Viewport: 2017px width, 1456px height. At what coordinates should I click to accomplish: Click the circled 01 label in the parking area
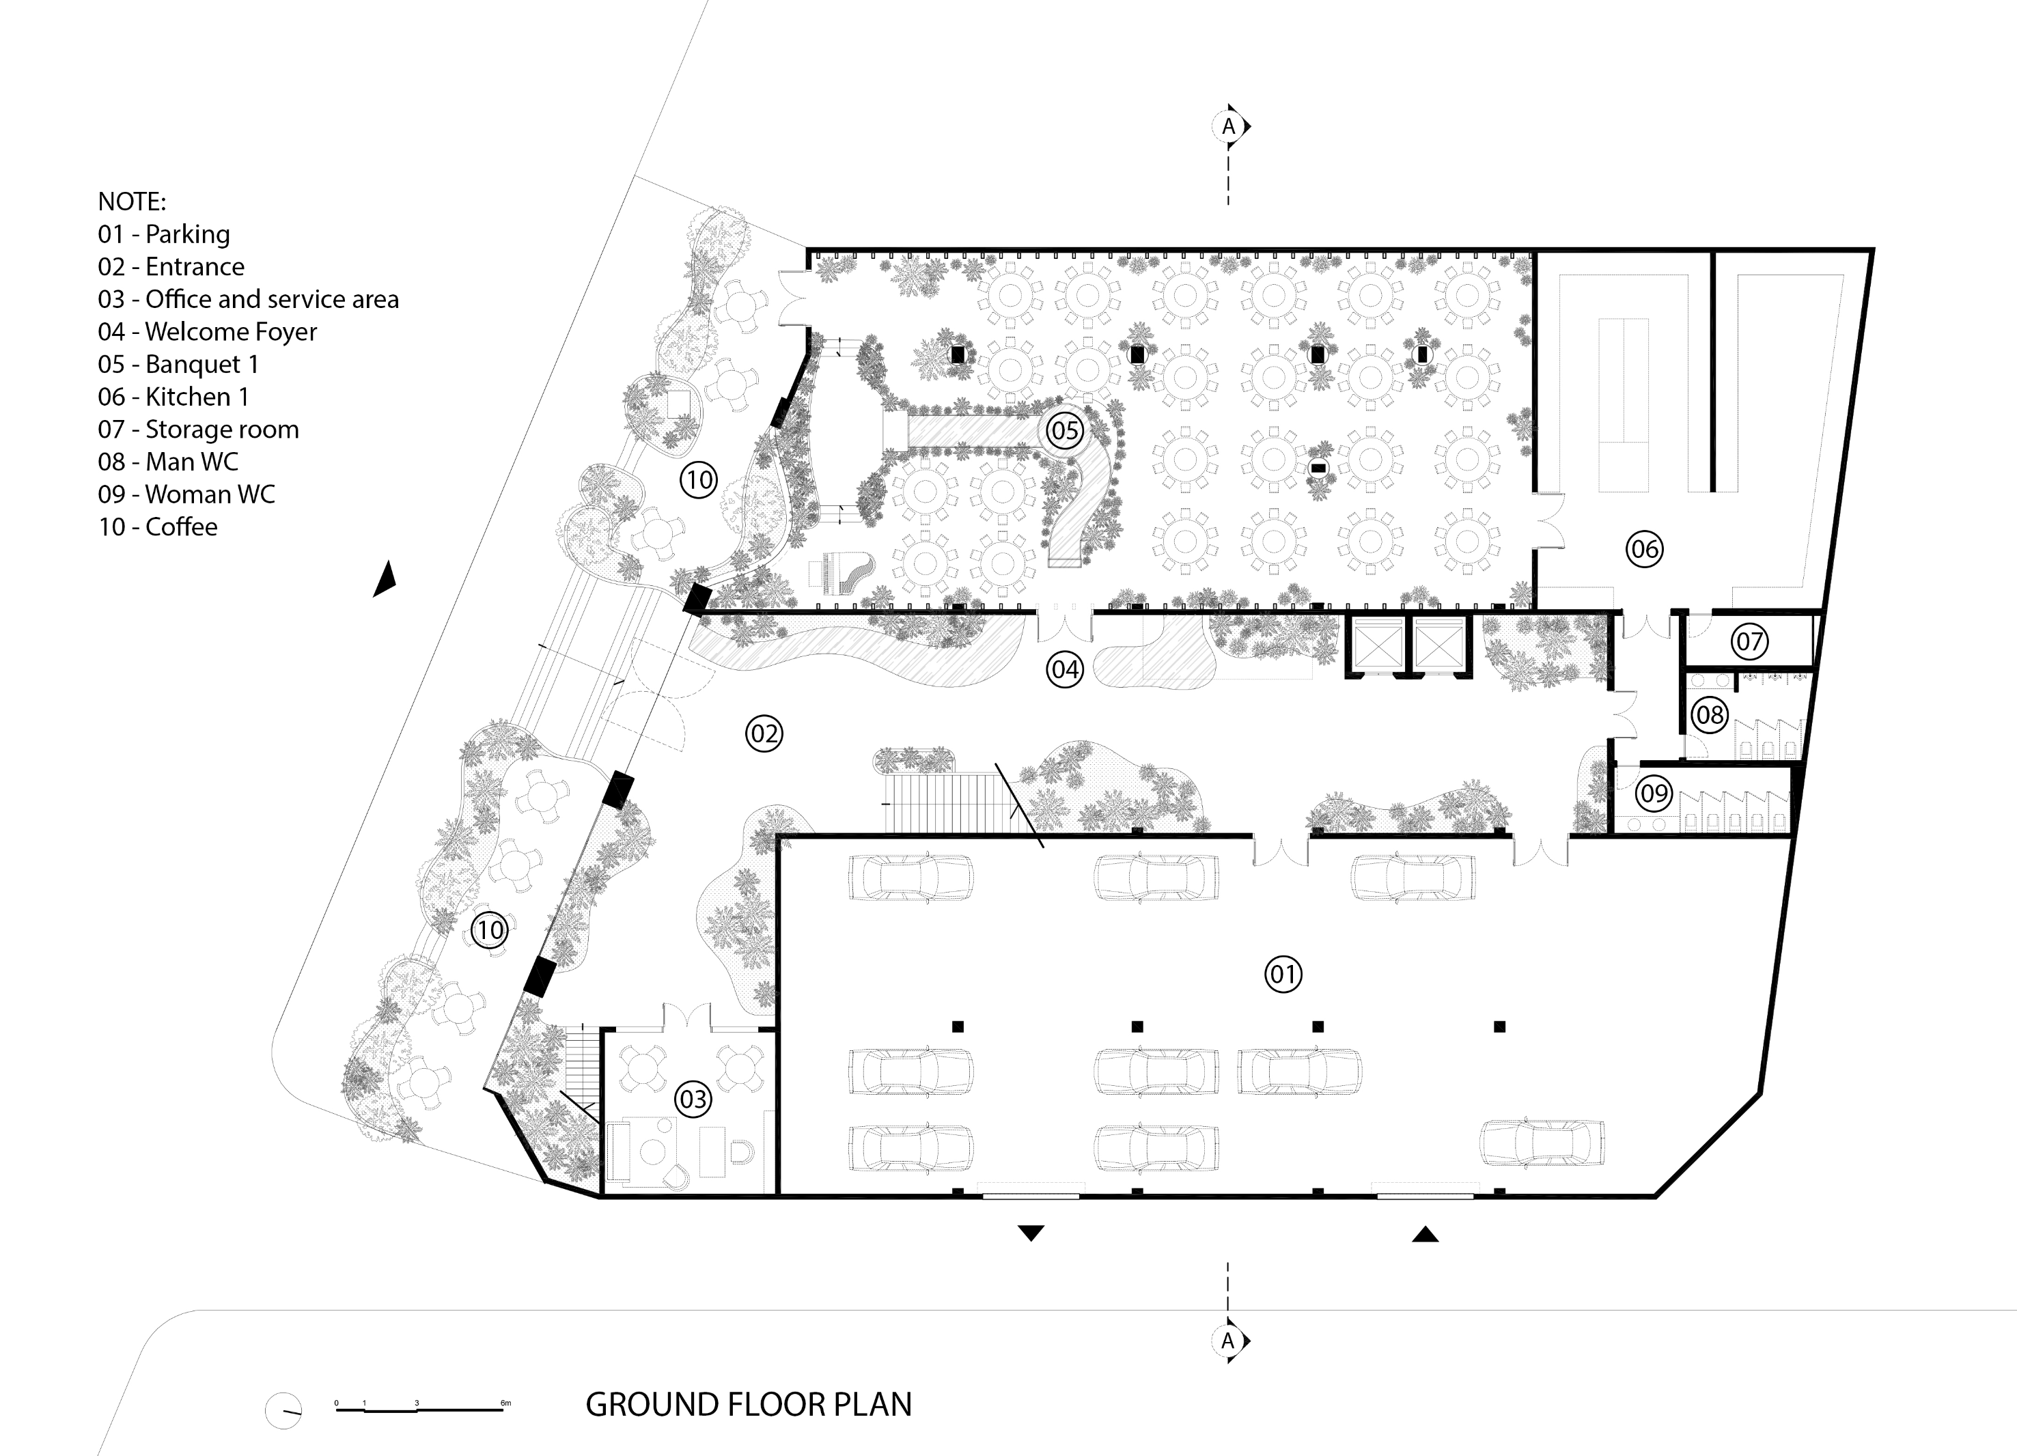coord(1283,974)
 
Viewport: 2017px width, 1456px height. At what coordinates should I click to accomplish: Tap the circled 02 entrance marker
coord(764,733)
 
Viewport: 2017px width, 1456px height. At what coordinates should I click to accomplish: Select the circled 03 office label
coord(693,1100)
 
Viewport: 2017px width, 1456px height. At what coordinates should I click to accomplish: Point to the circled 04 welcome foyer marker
coord(1065,669)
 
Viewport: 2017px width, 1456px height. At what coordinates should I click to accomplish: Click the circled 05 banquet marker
coord(1065,430)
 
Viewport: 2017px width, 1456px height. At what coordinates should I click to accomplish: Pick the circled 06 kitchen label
coord(1644,549)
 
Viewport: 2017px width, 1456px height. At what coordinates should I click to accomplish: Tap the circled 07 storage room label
coord(1749,641)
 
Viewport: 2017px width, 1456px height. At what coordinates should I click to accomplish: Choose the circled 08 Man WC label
coord(1709,714)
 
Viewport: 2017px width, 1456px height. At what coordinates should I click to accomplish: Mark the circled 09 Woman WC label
coord(1654,792)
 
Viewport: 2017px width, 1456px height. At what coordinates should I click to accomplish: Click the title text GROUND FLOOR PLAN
coord(749,1404)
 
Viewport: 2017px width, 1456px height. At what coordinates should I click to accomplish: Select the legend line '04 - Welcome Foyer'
coord(207,332)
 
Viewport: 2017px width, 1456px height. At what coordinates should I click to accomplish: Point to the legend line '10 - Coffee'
coord(157,527)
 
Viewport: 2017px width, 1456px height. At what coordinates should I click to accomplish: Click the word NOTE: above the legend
coord(132,201)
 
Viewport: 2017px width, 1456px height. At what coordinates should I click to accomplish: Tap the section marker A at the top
coord(1230,126)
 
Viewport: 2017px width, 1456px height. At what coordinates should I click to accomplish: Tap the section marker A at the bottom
coord(1230,1341)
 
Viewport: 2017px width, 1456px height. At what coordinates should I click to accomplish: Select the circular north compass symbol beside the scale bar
coord(283,1410)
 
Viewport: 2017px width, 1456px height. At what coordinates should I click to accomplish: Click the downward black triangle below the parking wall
coord(1031,1233)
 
